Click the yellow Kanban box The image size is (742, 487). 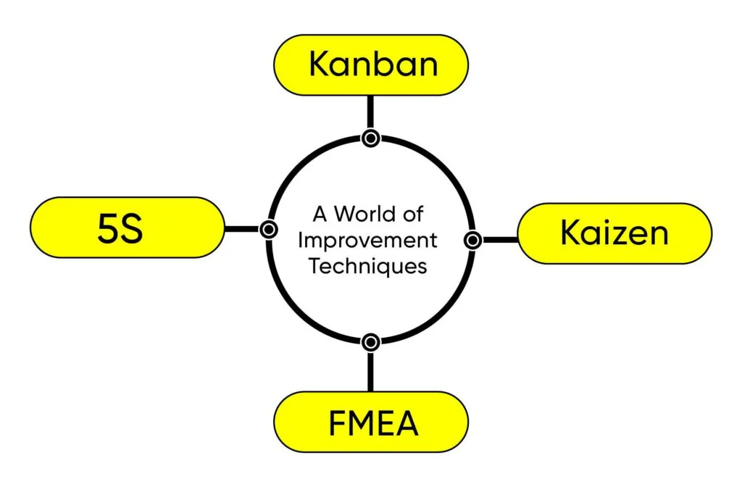pos(370,64)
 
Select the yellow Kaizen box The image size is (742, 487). pos(614,233)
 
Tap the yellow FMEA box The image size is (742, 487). pos(370,423)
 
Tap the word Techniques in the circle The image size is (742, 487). pos(367,265)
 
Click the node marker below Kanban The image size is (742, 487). pos(370,138)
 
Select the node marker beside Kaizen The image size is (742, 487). pos(472,239)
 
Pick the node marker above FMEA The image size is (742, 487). pos(370,341)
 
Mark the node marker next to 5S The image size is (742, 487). pos(268,229)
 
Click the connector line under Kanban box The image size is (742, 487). pos(370,112)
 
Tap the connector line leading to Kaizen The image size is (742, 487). pos(500,239)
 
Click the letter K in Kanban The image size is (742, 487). pos(318,64)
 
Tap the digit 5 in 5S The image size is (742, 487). pos(108,228)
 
